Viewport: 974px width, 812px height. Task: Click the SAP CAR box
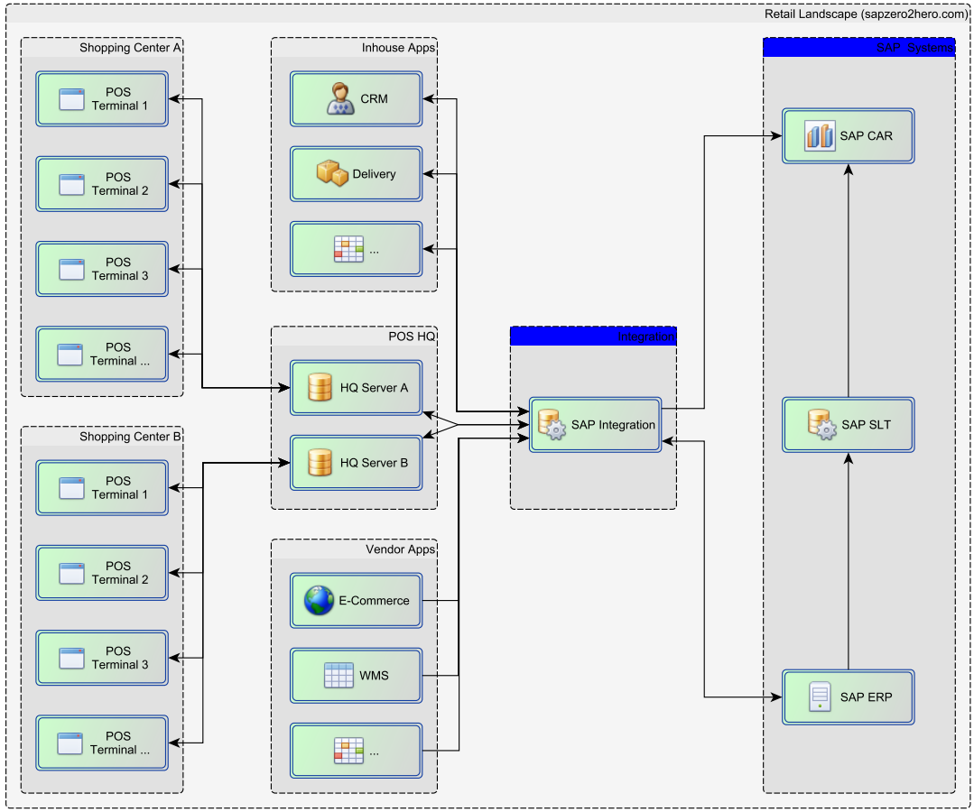(x=848, y=136)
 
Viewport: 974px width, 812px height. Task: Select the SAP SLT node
(x=848, y=425)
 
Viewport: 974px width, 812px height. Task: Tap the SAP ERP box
(x=848, y=697)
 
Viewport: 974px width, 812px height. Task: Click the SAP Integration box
(x=595, y=425)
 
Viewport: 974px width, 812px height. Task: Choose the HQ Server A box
(x=356, y=388)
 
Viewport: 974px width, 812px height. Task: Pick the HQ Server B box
(x=356, y=463)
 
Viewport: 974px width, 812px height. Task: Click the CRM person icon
(x=340, y=99)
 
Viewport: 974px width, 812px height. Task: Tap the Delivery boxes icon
(x=332, y=173)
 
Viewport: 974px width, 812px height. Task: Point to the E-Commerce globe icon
(x=319, y=600)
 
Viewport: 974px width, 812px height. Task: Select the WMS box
(x=356, y=675)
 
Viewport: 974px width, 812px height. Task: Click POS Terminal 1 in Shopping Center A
(x=102, y=99)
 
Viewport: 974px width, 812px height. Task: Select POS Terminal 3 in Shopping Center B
(x=102, y=658)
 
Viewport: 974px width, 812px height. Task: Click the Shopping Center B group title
(x=130, y=437)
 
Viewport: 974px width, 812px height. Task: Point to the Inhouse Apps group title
(x=397, y=48)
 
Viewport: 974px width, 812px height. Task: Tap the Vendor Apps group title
(x=399, y=549)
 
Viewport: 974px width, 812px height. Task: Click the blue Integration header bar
(x=593, y=337)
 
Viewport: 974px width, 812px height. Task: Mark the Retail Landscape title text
(x=866, y=14)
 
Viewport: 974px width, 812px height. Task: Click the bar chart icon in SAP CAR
(x=820, y=136)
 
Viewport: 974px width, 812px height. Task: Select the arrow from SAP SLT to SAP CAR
(x=848, y=280)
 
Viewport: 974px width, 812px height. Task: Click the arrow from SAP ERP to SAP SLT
(x=848, y=559)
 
